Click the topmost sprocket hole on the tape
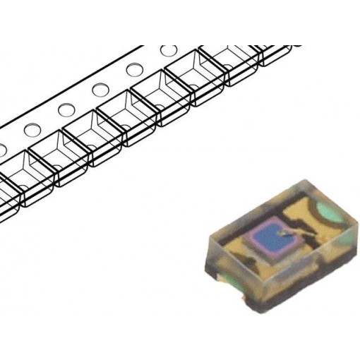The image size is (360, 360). click(168, 52)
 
